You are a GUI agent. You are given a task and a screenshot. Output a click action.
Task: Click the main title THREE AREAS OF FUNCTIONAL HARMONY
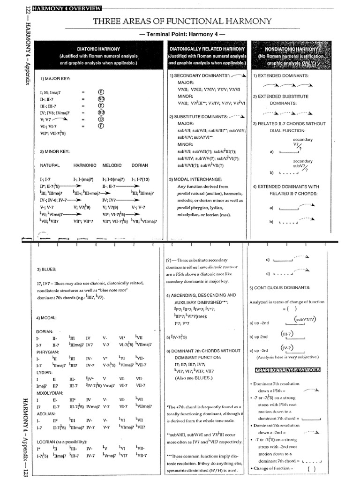click(x=183, y=21)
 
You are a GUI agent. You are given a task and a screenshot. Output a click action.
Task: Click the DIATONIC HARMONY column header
click(x=98, y=49)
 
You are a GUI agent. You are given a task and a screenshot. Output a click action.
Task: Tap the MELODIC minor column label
click(x=112, y=165)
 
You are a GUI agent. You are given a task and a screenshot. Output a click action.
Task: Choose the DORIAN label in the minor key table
click(x=140, y=165)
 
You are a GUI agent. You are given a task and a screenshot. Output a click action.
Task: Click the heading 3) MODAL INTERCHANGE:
click(x=196, y=180)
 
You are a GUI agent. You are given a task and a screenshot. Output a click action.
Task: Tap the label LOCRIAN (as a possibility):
click(x=65, y=442)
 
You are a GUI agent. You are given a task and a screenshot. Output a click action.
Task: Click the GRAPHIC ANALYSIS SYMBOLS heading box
click(x=287, y=370)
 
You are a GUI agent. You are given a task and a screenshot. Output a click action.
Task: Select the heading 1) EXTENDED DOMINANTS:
click(x=281, y=75)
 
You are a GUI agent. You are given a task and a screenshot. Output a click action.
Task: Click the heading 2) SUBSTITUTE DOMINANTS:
click(x=200, y=116)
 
